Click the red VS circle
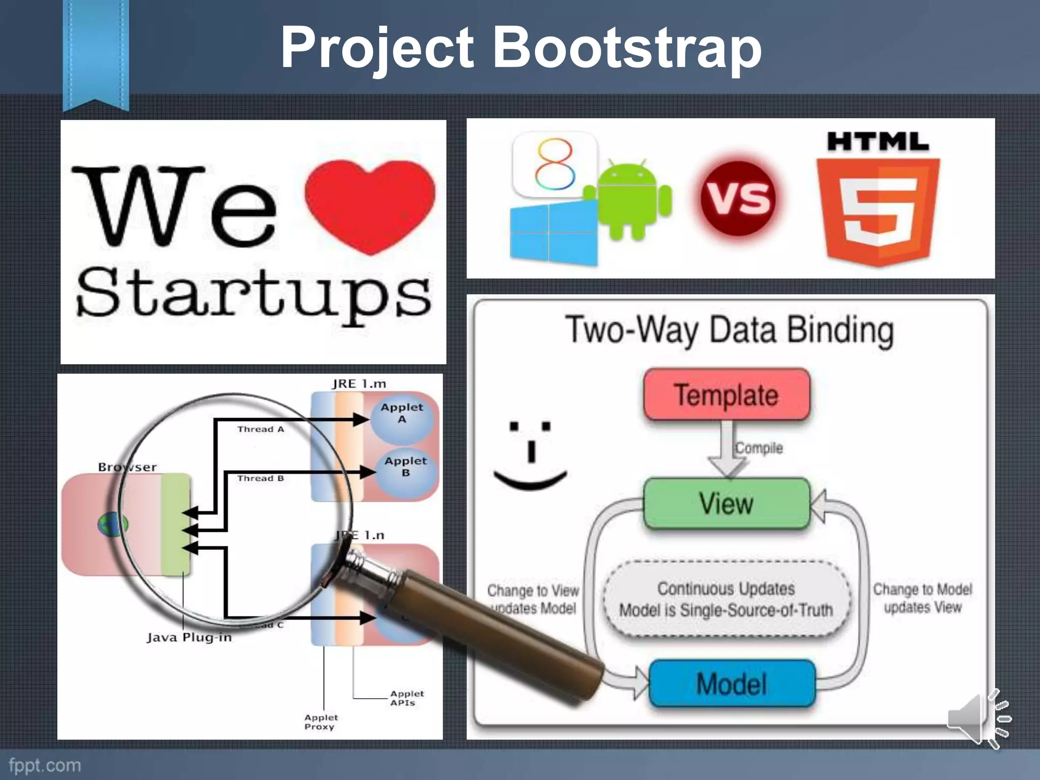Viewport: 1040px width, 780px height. (x=738, y=198)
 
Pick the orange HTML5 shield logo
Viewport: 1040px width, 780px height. (x=878, y=211)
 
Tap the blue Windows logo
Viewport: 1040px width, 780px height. (x=554, y=234)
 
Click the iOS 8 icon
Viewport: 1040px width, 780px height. (x=555, y=164)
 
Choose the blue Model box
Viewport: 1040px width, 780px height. (x=732, y=684)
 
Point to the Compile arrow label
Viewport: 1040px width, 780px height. (x=759, y=448)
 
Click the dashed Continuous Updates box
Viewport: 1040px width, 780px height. (x=726, y=599)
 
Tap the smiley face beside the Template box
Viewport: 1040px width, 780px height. (x=531, y=454)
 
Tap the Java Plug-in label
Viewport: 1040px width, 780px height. (x=189, y=637)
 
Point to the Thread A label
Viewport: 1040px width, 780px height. (x=261, y=430)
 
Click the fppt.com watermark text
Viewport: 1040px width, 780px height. (x=45, y=765)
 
